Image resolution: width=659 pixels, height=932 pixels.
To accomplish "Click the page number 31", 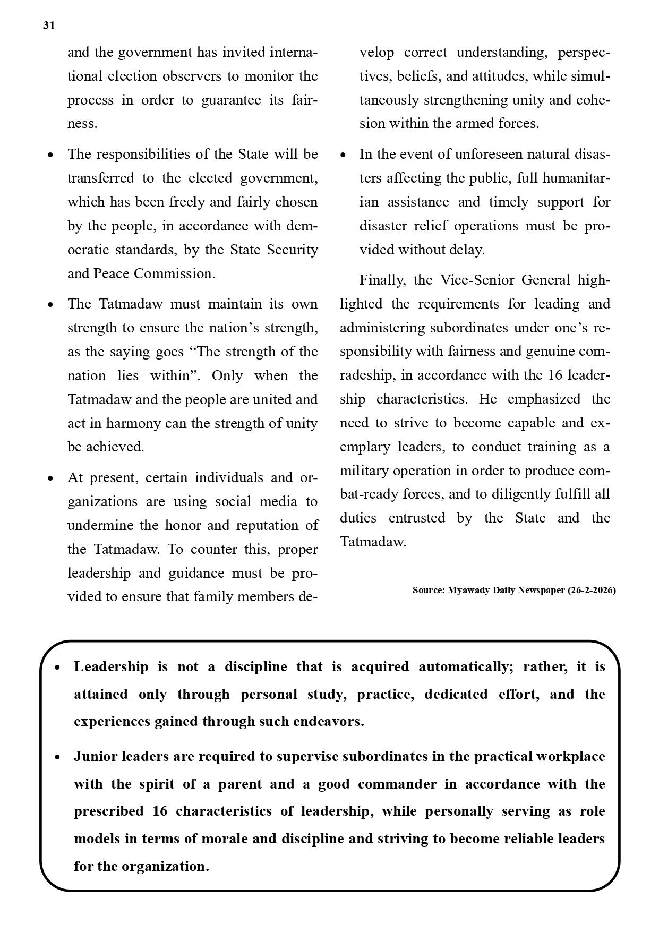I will coord(49,25).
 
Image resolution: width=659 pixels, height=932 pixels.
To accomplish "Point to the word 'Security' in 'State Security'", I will coord(292,250).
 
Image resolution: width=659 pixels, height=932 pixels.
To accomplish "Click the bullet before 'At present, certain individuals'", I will coord(50,478).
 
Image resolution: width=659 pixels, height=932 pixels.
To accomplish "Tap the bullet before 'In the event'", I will coord(343,155).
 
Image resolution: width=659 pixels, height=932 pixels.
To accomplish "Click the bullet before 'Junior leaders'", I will coord(57,757).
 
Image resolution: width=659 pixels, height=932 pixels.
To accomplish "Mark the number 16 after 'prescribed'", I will coord(160,811).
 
